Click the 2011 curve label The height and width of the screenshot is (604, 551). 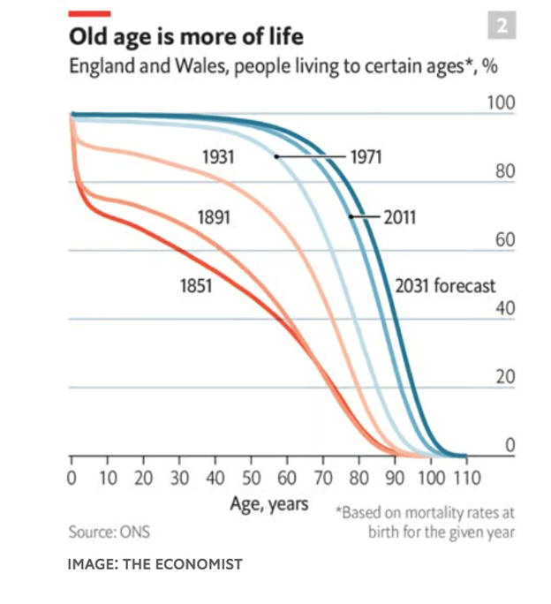coord(399,216)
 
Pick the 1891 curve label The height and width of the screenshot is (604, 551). coord(213,216)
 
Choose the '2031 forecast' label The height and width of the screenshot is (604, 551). coord(445,286)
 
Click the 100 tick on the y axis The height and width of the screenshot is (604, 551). coord(501,103)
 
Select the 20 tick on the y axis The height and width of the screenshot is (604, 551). coord(504,378)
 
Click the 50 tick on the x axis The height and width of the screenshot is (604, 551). coord(251,479)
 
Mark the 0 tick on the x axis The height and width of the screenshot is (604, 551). coord(72,479)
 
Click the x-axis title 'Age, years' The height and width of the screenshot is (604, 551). coord(269,504)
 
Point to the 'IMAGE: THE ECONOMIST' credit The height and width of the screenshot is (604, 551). coord(155,563)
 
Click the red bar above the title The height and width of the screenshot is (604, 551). coord(88,13)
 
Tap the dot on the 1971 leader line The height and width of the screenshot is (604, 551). coord(276,156)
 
